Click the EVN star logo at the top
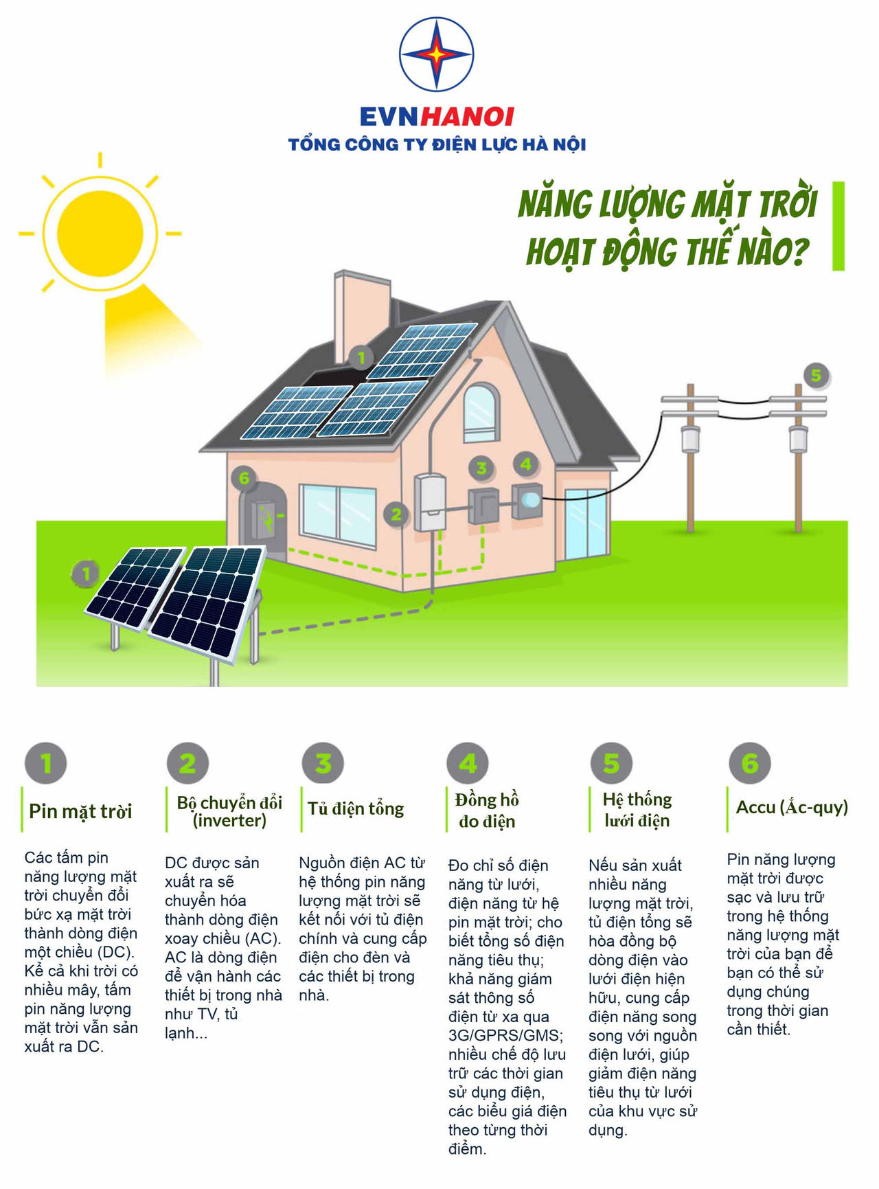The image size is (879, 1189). pos(437,54)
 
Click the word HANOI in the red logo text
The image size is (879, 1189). pos(467,117)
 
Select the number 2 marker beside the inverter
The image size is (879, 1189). pos(396,514)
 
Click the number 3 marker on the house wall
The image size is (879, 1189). pos(481,468)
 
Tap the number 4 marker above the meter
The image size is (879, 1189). pos(526,464)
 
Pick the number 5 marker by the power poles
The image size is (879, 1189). pos(816,375)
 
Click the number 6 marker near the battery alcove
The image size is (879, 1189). pos(244,477)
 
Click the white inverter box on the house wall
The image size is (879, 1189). pos(430,501)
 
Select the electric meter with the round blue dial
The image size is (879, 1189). pos(527,500)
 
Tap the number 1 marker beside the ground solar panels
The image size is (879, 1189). pos(86,574)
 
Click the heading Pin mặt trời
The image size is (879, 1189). pos(80,811)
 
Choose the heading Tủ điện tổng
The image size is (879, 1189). pos(356,808)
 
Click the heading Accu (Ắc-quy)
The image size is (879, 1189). pos(792,807)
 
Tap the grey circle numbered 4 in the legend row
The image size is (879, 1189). pos(468,763)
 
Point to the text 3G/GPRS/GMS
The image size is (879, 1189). pos(506,1035)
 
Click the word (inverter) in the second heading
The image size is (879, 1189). pos(229,821)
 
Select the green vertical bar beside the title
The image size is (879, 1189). pos(838,226)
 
